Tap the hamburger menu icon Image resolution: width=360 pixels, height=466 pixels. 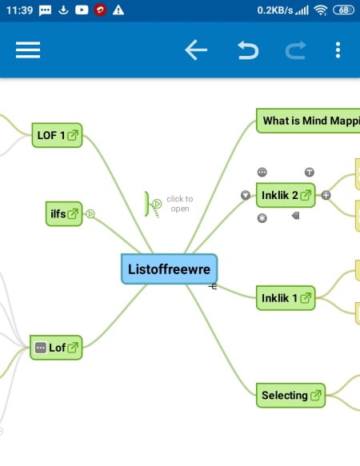28,50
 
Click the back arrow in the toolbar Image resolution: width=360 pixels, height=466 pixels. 196,50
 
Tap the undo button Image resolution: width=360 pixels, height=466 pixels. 248,50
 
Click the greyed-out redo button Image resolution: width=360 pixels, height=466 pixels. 295,50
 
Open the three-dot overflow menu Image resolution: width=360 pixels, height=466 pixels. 338,50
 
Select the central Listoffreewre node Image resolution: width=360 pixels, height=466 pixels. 169,269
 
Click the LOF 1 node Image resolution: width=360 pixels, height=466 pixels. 57,135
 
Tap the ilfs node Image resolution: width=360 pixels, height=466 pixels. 64,213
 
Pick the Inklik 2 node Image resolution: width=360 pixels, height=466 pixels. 286,195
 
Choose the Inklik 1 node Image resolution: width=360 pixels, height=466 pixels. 286,298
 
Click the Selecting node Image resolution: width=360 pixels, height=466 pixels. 290,396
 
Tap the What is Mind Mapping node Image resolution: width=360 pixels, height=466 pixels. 308,121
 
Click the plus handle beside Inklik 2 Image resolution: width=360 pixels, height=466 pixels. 326,195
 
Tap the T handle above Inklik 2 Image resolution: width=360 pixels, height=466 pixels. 310,172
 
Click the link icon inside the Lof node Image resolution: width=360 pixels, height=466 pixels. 73,348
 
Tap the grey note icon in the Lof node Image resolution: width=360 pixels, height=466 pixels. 41,348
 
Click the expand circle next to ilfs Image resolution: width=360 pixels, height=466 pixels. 90,213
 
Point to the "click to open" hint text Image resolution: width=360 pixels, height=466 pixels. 180,204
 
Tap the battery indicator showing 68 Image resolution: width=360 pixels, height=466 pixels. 344,10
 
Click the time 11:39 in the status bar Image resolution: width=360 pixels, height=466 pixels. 20,10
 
